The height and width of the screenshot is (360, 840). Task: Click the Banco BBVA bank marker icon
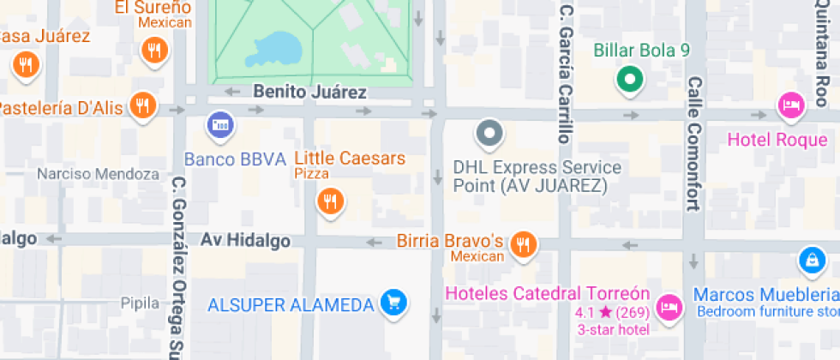point(221,125)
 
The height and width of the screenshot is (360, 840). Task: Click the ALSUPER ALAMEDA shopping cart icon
point(393,303)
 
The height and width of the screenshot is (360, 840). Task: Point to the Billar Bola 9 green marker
point(630,81)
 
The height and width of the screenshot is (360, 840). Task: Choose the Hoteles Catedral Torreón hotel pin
point(669,306)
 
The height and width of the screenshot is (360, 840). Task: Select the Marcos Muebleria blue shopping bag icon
point(810,258)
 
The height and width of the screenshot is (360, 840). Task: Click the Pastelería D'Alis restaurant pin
point(143,106)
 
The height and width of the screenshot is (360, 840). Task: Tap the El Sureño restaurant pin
point(155,51)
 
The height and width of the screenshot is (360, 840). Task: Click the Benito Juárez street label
point(310,92)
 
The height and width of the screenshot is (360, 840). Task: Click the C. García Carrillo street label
point(564,73)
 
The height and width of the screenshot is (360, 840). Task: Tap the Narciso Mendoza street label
point(98,174)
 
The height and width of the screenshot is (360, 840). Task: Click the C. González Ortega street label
point(177,266)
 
